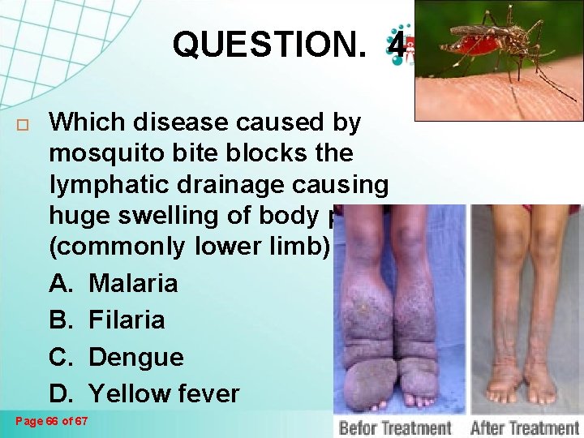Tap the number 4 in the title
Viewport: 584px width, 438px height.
tap(397, 45)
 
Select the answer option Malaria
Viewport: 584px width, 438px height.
tap(133, 283)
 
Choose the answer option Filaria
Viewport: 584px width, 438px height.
tap(127, 320)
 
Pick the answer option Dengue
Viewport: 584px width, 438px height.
tap(135, 357)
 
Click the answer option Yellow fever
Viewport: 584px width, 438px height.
tap(164, 394)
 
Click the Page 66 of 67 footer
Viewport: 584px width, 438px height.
tap(53, 420)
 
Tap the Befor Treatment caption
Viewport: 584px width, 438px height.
tap(395, 426)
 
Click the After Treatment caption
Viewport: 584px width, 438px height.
tap(525, 426)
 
